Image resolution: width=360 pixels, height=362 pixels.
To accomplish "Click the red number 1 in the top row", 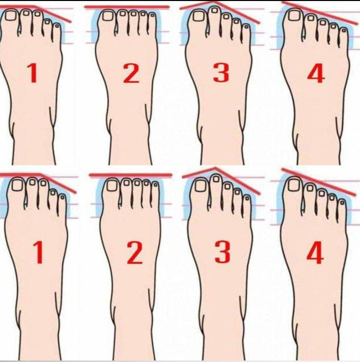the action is (x=33, y=73).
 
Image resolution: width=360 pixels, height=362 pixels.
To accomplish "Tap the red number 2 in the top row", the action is (x=131, y=73).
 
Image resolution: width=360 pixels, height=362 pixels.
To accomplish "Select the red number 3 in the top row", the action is (x=221, y=73).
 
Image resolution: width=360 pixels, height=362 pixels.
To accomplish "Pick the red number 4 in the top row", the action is (x=316, y=74).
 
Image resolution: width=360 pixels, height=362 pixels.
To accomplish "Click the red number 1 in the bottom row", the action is (x=38, y=252).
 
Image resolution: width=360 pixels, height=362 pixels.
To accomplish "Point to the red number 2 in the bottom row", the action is (x=135, y=253).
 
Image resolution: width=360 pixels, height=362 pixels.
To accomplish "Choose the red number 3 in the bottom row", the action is (x=223, y=252).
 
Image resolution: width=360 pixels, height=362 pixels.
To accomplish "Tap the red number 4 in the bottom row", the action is (x=315, y=253).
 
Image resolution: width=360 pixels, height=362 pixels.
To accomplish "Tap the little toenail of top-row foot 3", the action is (x=246, y=27).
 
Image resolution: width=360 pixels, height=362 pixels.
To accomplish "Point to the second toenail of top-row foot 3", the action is (x=214, y=11).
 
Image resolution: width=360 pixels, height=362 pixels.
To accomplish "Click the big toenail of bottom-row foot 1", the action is (x=17, y=185).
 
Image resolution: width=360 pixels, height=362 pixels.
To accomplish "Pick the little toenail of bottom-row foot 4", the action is (x=342, y=203).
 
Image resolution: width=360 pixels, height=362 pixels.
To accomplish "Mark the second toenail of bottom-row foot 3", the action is (x=216, y=178).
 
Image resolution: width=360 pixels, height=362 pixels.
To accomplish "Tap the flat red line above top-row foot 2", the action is (x=127, y=7).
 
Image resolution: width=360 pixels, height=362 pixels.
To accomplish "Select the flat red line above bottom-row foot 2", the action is (x=131, y=175).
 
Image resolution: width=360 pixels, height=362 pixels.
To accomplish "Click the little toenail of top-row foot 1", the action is (x=57, y=26).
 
